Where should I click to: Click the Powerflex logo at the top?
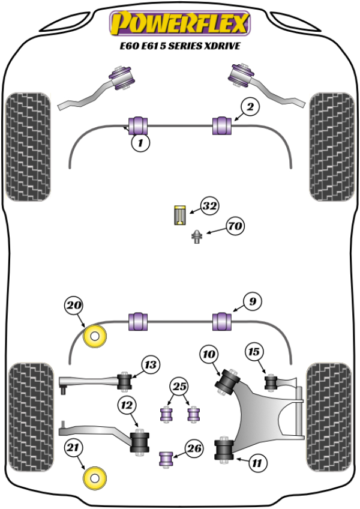coord(179,23)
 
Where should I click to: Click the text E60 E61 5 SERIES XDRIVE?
coord(179,45)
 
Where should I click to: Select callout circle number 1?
coord(140,143)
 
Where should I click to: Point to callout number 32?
coord(209,206)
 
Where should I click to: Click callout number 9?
coord(253,302)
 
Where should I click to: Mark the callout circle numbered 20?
coord(74,306)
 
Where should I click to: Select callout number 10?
coord(209,355)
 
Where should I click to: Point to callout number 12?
coord(126,406)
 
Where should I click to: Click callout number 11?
coord(257,463)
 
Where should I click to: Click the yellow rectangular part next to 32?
coord(179,215)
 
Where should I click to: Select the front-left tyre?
coord(26,147)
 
